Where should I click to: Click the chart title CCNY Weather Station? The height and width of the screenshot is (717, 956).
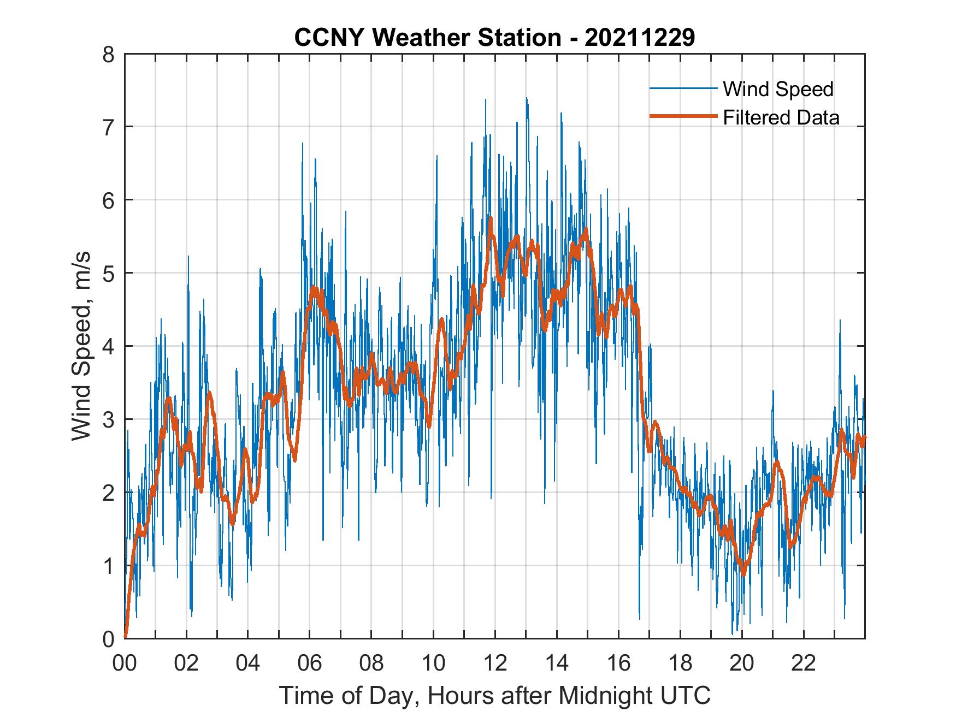point(427,38)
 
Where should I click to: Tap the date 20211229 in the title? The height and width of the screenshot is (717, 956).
point(640,38)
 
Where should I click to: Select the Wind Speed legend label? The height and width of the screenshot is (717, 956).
point(778,89)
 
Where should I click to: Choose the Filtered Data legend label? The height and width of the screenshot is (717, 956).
point(781,117)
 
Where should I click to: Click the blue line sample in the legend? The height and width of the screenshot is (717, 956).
point(682,88)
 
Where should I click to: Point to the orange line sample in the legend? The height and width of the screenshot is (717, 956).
point(682,117)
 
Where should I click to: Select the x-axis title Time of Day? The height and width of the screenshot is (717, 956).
point(494,695)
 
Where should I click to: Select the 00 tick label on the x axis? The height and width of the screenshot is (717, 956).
point(125,663)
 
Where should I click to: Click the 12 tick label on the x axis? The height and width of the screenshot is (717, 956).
point(495,663)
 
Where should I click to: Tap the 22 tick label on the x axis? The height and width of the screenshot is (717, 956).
point(804,663)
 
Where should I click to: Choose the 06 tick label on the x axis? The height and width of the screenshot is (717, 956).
point(310,663)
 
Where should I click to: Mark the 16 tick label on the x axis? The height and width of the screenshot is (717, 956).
point(618,663)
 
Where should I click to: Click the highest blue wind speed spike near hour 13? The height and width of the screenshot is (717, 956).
point(526,99)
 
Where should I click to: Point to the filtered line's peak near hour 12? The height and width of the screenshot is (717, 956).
point(491,218)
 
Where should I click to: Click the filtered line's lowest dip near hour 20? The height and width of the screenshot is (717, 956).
point(743,573)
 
